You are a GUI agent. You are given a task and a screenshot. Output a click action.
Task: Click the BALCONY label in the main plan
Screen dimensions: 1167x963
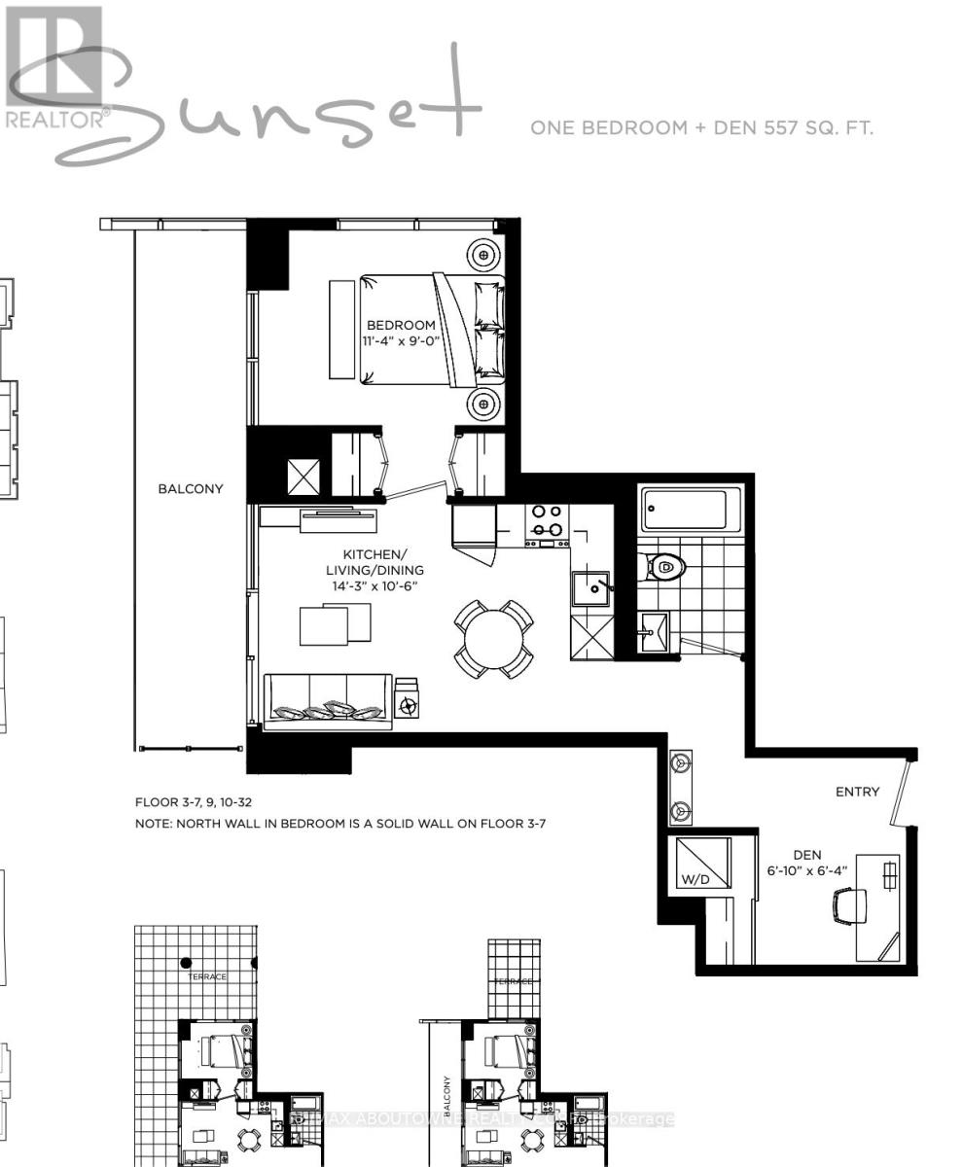pos(191,489)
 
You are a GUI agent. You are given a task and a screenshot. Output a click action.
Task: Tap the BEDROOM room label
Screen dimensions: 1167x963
pos(401,325)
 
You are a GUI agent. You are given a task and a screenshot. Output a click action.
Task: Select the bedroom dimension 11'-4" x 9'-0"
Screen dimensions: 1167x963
pos(403,342)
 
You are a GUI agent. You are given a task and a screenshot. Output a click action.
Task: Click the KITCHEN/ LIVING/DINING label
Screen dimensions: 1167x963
pos(375,560)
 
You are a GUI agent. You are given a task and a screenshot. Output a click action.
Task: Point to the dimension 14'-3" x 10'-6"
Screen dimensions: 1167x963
pos(374,586)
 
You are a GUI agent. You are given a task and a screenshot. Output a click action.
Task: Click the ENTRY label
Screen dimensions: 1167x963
pos(857,792)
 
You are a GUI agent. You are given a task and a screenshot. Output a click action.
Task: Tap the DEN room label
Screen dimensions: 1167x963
pos(806,855)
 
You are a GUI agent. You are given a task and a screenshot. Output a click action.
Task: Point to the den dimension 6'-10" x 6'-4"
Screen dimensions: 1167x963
pos(806,870)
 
